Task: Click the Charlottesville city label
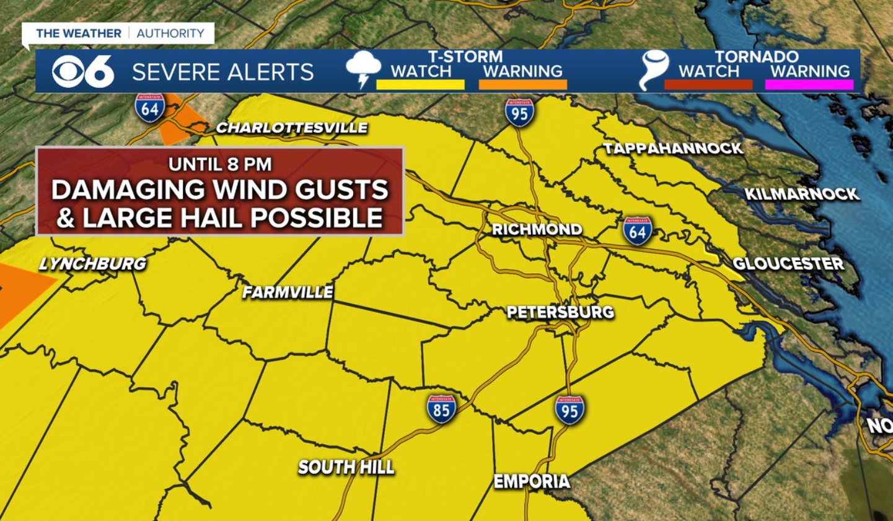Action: point(291,128)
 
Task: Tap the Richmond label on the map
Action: point(537,229)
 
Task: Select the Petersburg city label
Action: point(560,312)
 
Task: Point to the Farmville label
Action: point(288,292)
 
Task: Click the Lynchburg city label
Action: point(93,263)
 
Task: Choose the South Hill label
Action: point(346,467)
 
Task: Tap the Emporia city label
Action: point(532,481)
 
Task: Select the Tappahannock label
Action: point(673,148)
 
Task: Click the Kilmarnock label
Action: point(801,194)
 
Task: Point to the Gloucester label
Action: point(788,263)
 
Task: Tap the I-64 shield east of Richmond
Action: point(638,231)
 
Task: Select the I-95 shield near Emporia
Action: point(569,410)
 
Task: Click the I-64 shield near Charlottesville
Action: point(150,108)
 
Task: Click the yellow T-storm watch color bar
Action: point(420,85)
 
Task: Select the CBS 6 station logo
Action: point(84,71)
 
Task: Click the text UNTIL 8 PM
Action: point(220,164)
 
